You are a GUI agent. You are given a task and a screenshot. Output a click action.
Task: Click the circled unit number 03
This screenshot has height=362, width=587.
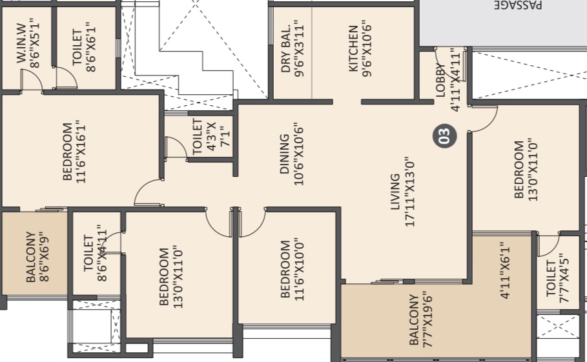coord(445,136)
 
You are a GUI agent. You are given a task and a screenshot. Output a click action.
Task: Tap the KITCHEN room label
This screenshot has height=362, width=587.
coord(353,48)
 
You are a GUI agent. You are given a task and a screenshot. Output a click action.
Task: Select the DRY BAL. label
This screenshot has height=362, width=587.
coord(285,48)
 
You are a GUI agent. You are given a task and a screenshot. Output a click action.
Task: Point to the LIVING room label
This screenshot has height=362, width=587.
coord(395,192)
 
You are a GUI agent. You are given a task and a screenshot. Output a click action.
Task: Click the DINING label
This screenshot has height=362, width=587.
coord(285,154)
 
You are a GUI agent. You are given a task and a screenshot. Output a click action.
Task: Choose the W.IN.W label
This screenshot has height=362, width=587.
coord(21,43)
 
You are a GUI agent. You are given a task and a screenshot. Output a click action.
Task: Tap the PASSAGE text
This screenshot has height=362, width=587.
coord(518,5)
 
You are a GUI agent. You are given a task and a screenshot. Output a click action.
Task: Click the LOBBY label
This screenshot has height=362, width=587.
coord(440,81)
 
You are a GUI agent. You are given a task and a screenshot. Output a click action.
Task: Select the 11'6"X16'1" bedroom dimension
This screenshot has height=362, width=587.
coord(81,152)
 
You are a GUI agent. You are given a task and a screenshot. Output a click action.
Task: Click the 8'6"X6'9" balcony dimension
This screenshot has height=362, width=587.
coord(44,256)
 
